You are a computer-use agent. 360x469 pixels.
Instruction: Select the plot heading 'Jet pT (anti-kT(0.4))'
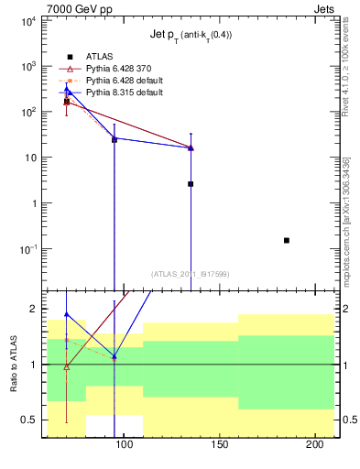tap(191, 36)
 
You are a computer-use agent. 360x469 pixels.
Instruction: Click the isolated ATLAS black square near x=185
tap(287, 240)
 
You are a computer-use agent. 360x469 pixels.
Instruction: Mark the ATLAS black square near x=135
tap(191, 184)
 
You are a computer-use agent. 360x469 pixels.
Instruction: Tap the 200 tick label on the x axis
tap(311, 446)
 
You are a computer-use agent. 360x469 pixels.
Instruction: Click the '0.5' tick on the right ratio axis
tap(348, 420)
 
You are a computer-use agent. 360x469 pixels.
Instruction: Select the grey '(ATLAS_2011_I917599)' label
tap(191, 273)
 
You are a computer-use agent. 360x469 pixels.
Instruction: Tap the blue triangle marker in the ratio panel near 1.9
tap(66, 314)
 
